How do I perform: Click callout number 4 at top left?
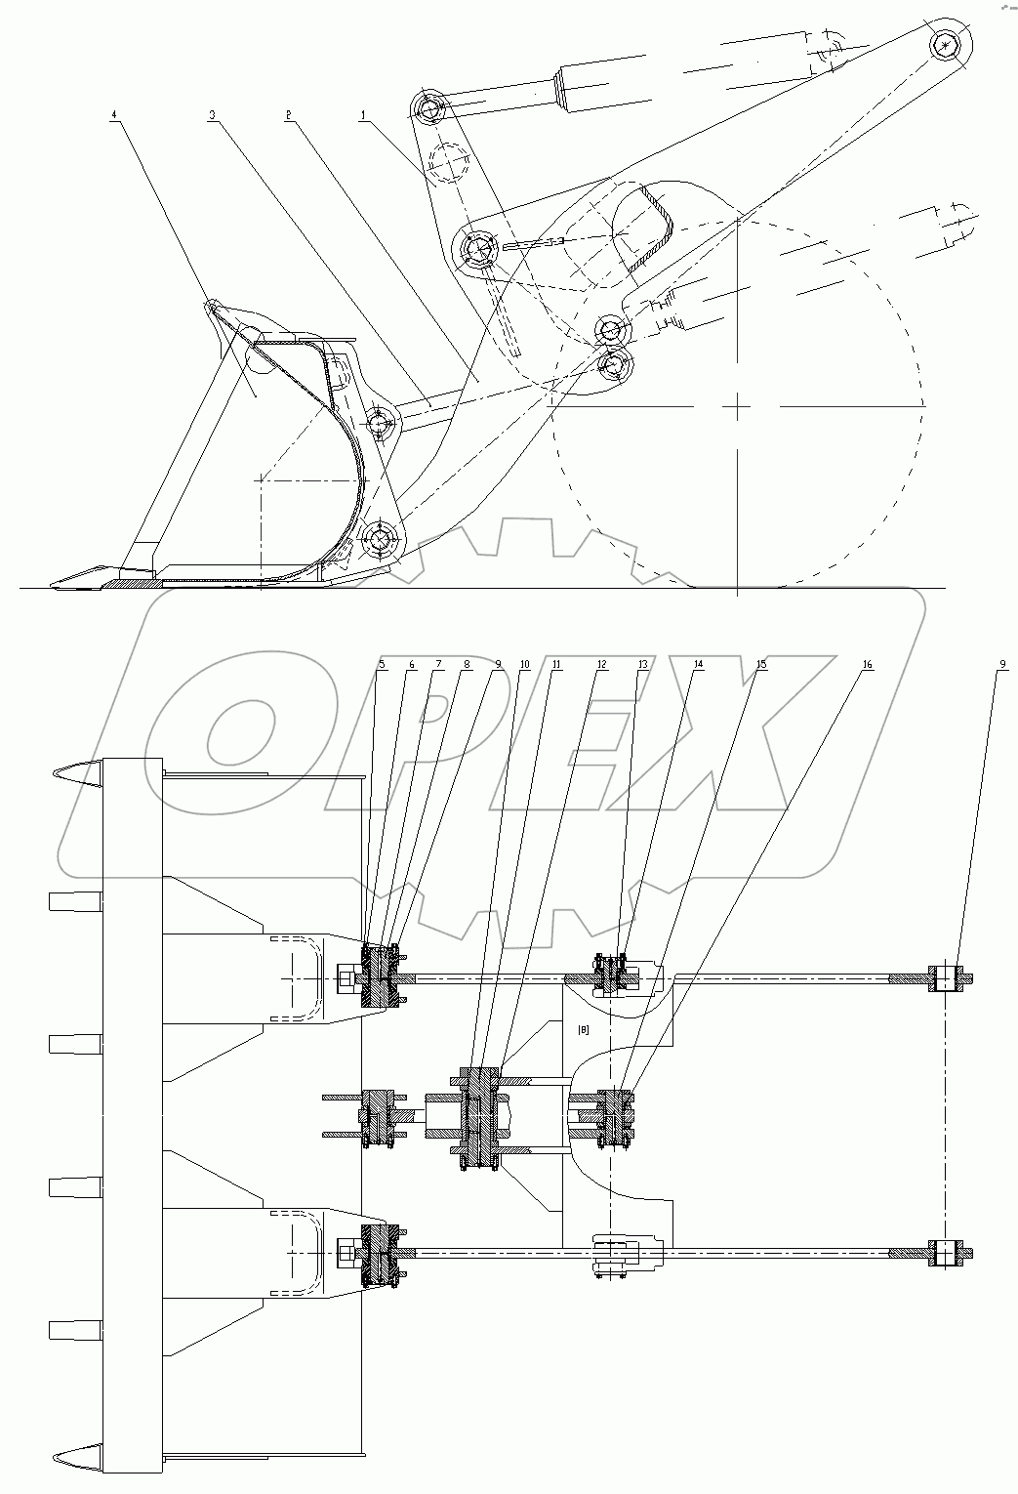[114, 115]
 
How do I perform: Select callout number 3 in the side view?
[211, 115]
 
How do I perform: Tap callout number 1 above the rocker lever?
[363, 115]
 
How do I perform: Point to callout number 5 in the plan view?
[382, 665]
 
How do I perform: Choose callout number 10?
[525, 665]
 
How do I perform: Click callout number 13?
[642, 665]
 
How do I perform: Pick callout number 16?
[867, 665]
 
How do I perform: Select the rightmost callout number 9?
[1002, 665]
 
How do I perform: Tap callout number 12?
[601, 665]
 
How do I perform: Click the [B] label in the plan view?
[584, 1029]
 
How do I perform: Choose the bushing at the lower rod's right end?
[946, 1254]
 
